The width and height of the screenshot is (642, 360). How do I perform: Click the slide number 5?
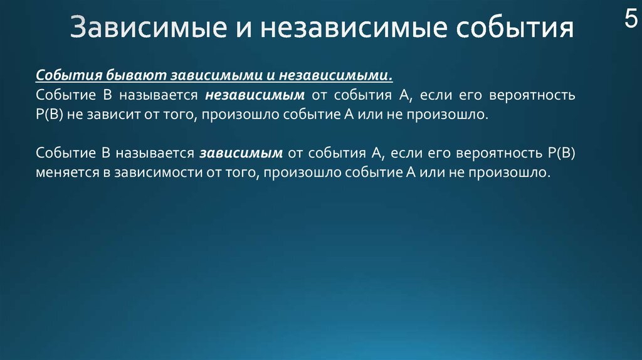(631, 18)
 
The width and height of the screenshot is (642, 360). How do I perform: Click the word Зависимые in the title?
(148, 28)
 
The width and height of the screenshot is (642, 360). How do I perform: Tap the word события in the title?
(515, 28)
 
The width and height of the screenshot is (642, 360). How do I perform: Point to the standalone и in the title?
(243, 29)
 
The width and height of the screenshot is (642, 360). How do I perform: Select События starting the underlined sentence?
(69, 75)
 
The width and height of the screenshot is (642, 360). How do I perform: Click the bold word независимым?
(255, 95)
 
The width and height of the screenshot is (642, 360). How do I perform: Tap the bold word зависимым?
(241, 153)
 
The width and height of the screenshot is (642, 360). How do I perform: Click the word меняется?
(68, 172)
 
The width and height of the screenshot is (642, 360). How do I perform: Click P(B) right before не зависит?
(49, 114)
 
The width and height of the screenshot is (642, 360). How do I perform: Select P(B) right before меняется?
(561, 153)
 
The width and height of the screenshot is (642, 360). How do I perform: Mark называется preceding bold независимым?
(159, 95)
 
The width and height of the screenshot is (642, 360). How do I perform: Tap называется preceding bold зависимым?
(155, 153)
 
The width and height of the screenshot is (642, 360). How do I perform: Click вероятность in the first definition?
(532, 95)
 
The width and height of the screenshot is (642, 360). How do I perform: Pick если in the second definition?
(406, 153)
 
